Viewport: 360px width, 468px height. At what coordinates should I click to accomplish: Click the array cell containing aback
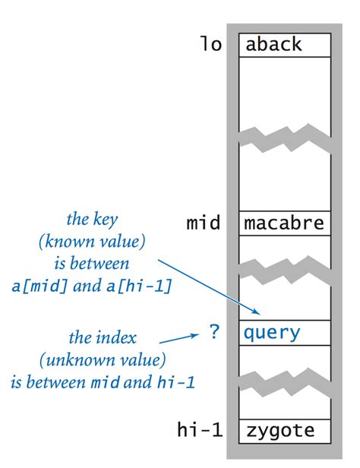[285, 45]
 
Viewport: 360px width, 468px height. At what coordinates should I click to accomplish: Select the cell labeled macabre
[285, 223]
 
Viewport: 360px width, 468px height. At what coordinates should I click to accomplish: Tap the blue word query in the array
[273, 332]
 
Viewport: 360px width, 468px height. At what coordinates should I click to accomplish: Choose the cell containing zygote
[285, 432]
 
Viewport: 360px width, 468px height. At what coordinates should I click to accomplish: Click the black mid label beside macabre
[203, 223]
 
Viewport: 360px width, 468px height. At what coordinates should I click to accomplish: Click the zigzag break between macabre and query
[285, 266]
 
